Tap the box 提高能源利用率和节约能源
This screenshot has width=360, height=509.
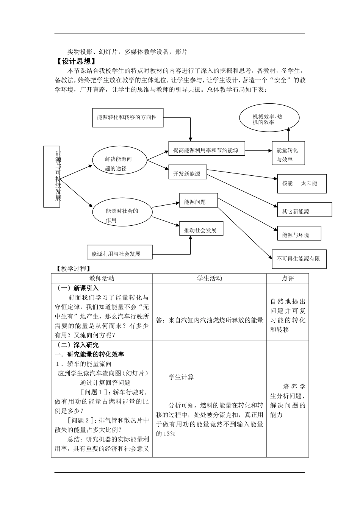tap(206, 150)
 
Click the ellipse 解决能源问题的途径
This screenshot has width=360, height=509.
tap(119, 163)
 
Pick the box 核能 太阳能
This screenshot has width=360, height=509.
tap(302, 183)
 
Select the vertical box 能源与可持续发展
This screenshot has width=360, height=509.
tap(57, 176)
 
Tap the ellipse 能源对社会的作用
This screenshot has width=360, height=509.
tap(122, 215)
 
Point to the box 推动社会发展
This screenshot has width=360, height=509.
tap(201, 230)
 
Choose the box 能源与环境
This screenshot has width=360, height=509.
tap(299, 234)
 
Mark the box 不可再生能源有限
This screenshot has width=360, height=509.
tap(299, 259)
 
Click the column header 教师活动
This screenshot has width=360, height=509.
tap(102, 278)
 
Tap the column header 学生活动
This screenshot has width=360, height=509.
tap(209, 278)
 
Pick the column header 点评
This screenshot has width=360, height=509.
tap(288, 278)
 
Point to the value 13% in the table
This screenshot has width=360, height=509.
tap(166, 434)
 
